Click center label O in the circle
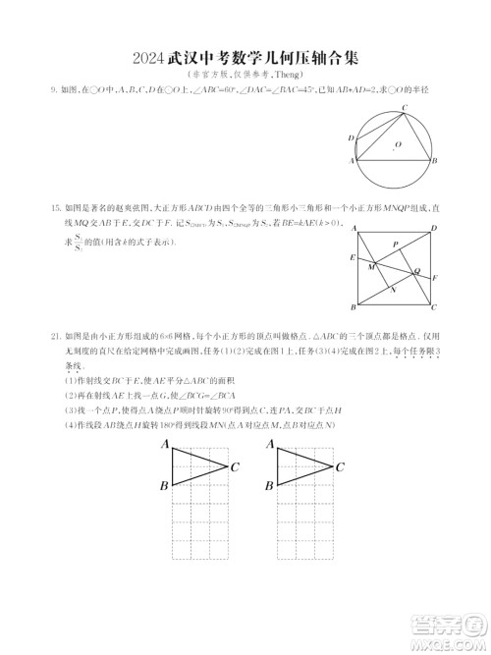(398, 144)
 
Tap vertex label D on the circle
(351, 137)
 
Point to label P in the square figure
(395, 245)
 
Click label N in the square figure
(393, 289)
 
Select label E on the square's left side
(352, 257)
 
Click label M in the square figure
(370, 266)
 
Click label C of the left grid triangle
(235, 466)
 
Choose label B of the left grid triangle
(163, 486)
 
